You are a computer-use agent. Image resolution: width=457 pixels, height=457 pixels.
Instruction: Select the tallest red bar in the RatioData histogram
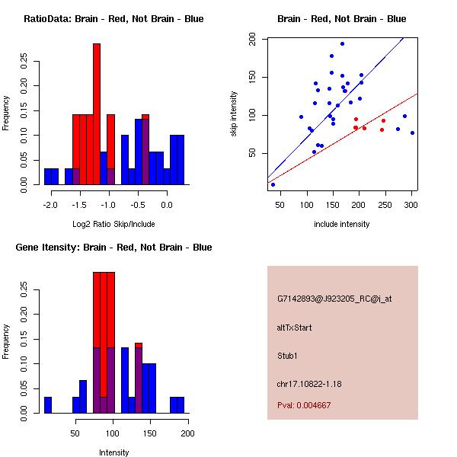coord(97,114)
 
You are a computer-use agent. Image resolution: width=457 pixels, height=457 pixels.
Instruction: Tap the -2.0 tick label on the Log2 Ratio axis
coord(51,205)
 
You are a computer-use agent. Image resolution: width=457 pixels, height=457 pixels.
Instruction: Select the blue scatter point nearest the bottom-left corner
coord(273,184)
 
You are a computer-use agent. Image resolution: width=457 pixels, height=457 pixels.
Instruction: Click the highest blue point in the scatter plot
coord(342,44)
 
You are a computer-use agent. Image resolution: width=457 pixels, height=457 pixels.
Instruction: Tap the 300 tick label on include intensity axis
coord(411,205)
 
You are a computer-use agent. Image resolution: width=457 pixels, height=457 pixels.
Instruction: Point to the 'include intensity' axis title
coord(342,224)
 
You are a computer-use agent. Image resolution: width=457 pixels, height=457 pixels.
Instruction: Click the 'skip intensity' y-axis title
coord(234,114)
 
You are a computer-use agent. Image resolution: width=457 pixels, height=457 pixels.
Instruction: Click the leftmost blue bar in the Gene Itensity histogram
coord(48,405)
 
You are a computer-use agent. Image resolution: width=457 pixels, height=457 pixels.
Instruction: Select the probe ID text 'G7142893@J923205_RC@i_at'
coord(334,299)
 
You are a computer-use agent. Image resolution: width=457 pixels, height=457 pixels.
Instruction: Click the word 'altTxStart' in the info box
coord(295,328)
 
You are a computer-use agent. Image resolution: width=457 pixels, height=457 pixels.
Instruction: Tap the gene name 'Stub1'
coord(286,355)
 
